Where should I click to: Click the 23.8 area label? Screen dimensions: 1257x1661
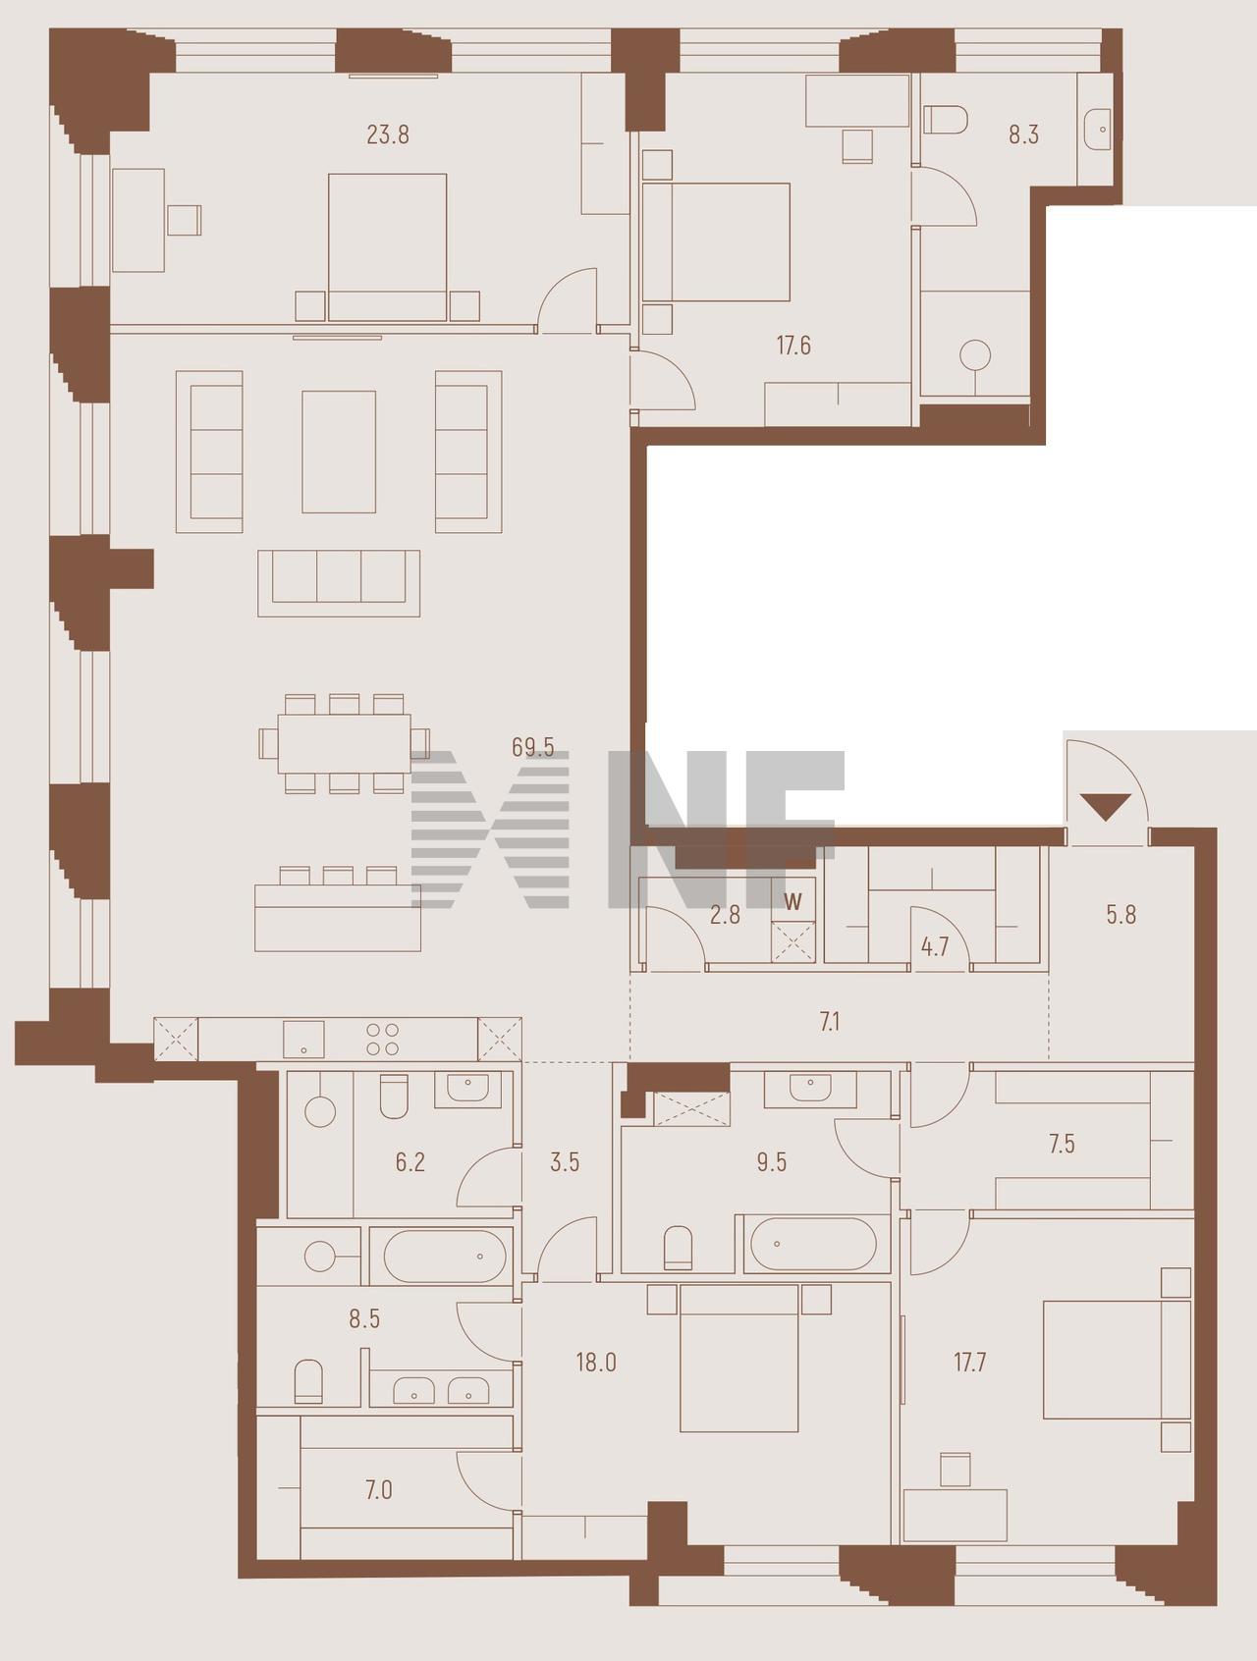coord(388,134)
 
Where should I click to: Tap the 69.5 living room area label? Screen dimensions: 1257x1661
coord(532,748)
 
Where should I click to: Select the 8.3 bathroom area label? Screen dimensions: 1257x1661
coord(1023,134)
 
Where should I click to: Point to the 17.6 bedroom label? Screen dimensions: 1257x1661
coord(793,346)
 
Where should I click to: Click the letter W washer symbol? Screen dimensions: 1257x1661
coord(793,902)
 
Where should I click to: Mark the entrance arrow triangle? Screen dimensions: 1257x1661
coord(1106,806)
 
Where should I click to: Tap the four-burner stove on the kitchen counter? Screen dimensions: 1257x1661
coord(382,1040)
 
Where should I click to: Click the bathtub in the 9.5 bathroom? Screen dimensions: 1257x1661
coord(814,1245)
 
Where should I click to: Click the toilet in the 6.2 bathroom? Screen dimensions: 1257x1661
coord(394,1097)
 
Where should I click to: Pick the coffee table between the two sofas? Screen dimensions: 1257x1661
coord(339,452)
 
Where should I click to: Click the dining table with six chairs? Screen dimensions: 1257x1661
coord(344,744)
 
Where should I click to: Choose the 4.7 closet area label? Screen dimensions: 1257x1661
coord(935,947)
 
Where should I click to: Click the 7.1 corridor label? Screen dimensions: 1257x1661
coord(830,1023)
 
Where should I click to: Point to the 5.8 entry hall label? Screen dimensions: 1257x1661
coord(1120,915)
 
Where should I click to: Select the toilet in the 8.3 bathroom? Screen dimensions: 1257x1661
coord(946,120)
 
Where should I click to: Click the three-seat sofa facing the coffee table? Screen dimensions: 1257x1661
coord(339,583)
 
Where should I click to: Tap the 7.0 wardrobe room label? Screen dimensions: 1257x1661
coord(379,1490)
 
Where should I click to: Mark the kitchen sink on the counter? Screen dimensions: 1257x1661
coord(303,1039)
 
